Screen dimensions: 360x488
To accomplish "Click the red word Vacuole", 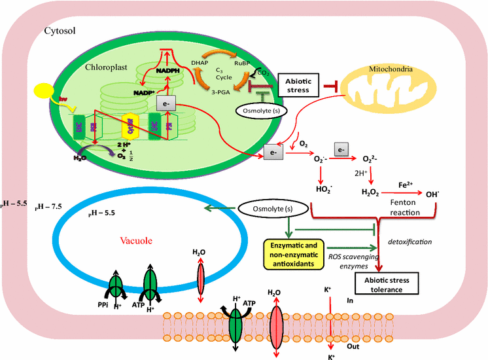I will pyautogui.click(x=135, y=240).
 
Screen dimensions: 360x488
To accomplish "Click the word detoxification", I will pyautogui.click(x=410, y=242).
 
